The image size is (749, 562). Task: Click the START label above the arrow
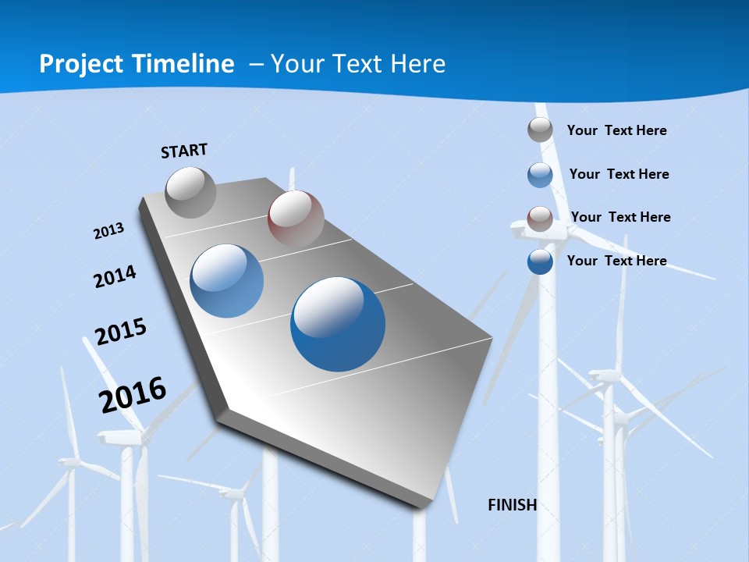pos(184,151)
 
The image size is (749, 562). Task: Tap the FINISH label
pos(513,504)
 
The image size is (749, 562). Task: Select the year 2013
pos(109,231)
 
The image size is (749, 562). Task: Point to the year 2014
pos(115,276)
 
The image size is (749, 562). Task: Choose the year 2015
pos(121,332)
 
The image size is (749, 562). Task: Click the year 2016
pos(133,394)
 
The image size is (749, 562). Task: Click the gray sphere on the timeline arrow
pos(190,192)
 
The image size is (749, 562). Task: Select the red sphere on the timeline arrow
pos(296,219)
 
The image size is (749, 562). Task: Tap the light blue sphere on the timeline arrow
pos(227,281)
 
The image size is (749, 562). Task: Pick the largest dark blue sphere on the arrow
pos(338,324)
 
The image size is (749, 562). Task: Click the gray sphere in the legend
pos(540,130)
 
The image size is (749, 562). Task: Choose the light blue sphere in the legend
pos(540,175)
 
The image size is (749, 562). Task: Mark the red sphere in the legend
pos(540,219)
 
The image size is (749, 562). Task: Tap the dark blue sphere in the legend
pos(540,261)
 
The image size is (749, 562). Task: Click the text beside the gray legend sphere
pos(616,130)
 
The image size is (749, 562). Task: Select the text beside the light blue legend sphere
pos(619,174)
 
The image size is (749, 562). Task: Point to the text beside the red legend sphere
pos(620,217)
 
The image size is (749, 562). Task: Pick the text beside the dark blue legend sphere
pos(616,261)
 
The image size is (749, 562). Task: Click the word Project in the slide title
pos(81,64)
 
